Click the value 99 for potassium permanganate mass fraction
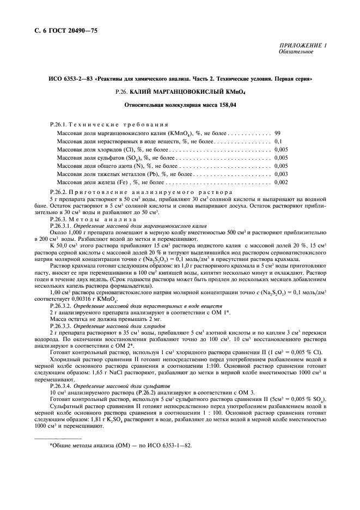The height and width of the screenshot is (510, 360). click(278, 132)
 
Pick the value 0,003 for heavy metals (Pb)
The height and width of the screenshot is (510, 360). click(281, 173)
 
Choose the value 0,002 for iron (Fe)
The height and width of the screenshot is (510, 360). click(281, 181)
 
